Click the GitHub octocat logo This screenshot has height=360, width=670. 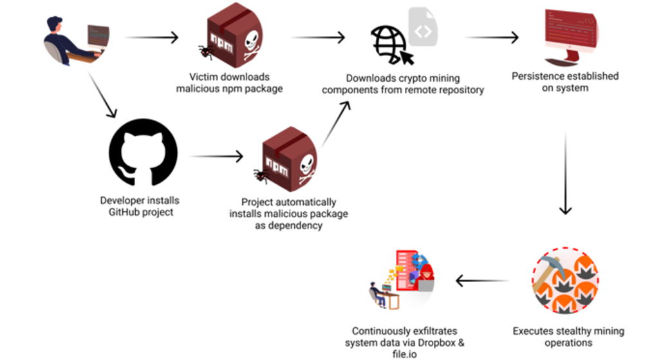[143, 155]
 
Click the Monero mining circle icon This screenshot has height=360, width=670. [566, 281]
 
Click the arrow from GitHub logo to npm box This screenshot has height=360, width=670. [217, 156]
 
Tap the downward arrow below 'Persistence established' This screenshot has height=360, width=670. [565, 174]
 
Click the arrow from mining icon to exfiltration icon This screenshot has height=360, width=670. [483, 281]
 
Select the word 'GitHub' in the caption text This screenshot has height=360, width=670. [127, 212]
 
